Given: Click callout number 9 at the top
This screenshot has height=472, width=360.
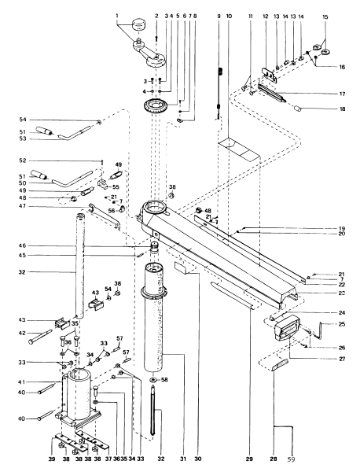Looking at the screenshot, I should click(219, 15).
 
